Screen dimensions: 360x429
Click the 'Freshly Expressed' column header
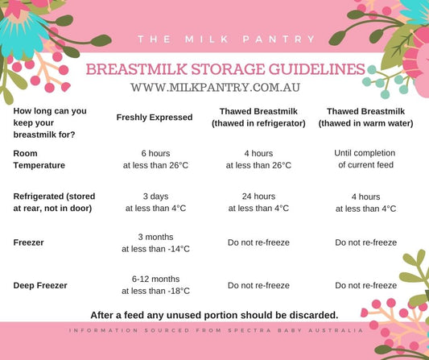[x=155, y=118]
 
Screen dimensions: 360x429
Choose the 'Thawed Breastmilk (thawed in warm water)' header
[x=365, y=118]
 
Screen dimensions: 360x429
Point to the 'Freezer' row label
[x=29, y=242]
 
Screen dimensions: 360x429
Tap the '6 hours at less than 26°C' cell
[x=155, y=158]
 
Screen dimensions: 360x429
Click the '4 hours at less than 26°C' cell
[x=258, y=158]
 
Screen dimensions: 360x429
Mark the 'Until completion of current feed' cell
[x=365, y=158]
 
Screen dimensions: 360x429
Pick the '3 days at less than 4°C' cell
[x=155, y=201]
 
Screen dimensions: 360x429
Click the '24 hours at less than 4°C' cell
[x=258, y=201]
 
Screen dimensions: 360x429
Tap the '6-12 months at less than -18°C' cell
[x=155, y=284]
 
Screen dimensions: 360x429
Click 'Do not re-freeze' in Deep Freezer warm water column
[x=365, y=285]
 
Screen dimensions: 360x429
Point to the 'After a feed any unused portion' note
[x=213, y=314]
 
